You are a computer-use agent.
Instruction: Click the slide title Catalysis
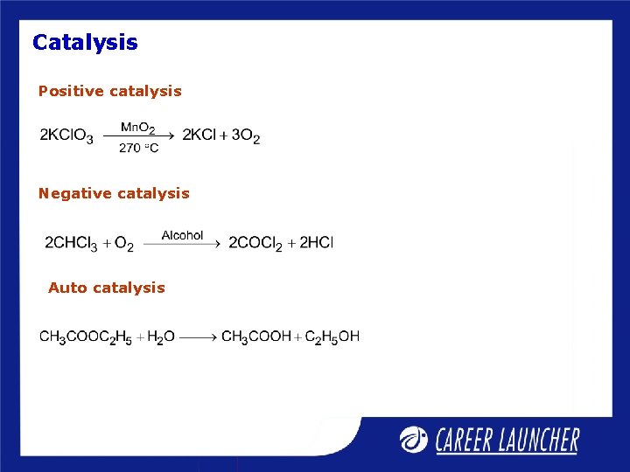[x=85, y=42]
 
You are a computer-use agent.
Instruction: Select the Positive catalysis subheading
[x=110, y=91]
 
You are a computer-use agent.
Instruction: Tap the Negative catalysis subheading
[x=114, y=193]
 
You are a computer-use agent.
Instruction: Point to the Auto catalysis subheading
[x=107, y=288]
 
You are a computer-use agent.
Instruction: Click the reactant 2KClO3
[x=66, y=136]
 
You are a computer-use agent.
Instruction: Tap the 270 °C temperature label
[x=139, y=148]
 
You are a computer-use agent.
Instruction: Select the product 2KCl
[x=199, y=135]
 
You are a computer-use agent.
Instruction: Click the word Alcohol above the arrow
[x=182, y=235]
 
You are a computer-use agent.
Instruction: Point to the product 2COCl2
[x=255, y=243]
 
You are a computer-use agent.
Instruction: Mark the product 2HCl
[x=317, y=242]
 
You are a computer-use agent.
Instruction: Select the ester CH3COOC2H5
[x=85, y=337]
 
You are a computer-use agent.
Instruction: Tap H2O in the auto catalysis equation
[x=161, y=337]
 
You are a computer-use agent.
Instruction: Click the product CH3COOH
[x=256, y=337]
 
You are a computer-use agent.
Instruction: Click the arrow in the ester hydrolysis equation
[x=199, y=337]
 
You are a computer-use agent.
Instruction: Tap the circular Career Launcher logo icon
[x=414, y=439]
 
